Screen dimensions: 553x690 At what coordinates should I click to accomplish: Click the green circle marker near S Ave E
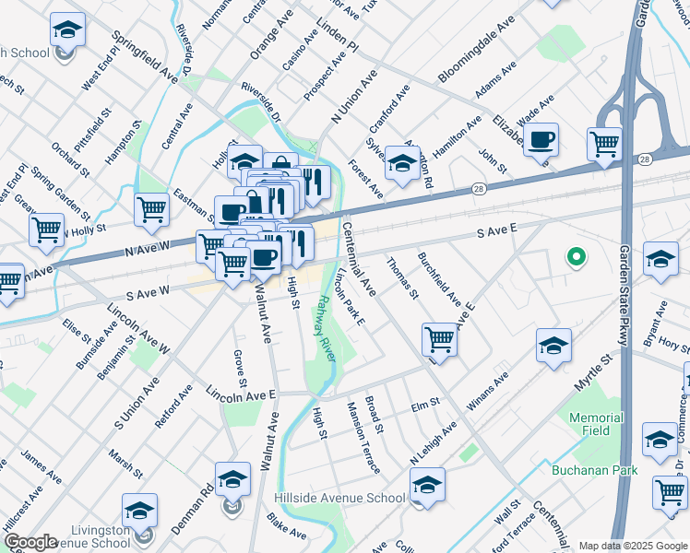pyautogui.click(x=577, y=257)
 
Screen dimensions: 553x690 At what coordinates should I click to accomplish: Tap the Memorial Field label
pyautogui.click(x=596, y=424)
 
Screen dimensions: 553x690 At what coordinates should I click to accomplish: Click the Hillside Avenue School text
pyautogui.click(x=339, y=499)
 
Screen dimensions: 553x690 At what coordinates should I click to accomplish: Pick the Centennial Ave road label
pyautogui.click(x=359, y=258)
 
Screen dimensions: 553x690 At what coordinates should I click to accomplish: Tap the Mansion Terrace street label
pyautogui.click(x=363, y=438)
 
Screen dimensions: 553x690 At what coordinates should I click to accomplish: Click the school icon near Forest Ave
pyautogui.click(x=401, y=164)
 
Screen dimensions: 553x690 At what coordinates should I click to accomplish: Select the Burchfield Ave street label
pyautogui.click(x=439, y=278)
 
